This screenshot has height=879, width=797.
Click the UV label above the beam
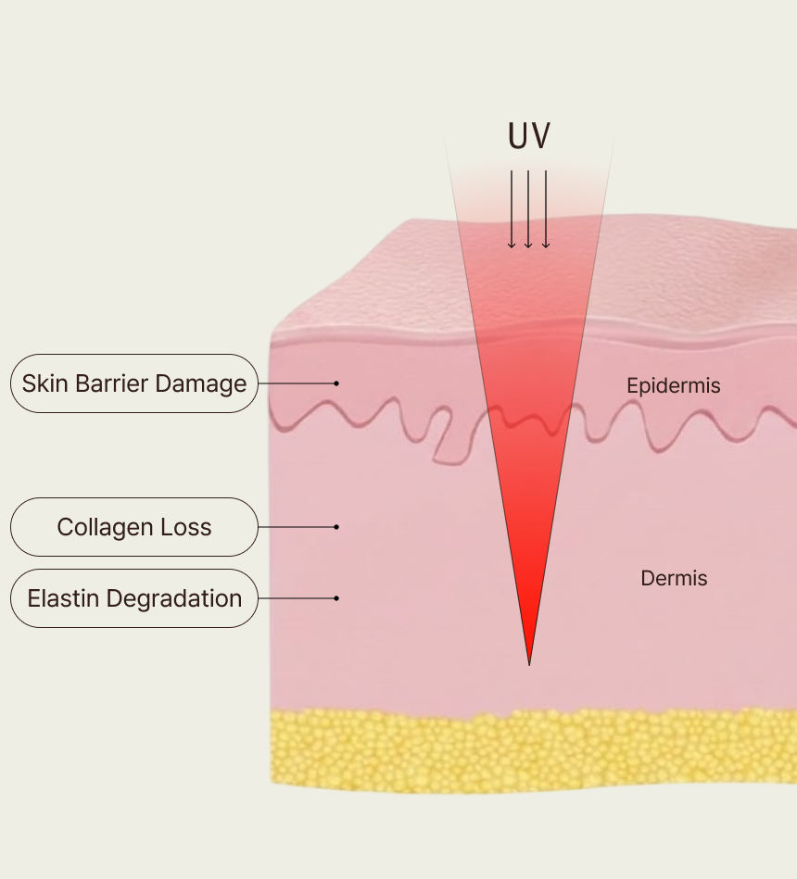tap(529, 135)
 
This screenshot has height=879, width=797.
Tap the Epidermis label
tap(673, 385)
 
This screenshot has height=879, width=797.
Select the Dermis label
tap(674, 578)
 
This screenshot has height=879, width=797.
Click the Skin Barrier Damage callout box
tap(134, 383)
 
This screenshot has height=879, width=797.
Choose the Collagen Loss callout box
tap(134, 527)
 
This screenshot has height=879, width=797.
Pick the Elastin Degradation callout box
tap(134, 598)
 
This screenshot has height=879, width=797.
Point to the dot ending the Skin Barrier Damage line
tap(336, 383)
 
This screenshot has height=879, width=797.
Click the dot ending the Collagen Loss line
tap(336, 527)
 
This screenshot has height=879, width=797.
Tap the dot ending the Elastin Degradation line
tap(336, 598)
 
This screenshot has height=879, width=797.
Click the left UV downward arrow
tap(512, 209)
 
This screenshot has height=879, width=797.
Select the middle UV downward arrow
tap(528, 209)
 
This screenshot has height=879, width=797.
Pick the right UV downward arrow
tap(546, 209)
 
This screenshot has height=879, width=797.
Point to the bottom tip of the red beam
tap(529, 665)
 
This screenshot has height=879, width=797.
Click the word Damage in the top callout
tap(201, 384)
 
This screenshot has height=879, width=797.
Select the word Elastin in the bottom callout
tap(63, 598)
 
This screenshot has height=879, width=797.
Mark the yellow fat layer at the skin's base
tap(533, 751)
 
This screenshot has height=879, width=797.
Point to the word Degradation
tap(174, 598)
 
